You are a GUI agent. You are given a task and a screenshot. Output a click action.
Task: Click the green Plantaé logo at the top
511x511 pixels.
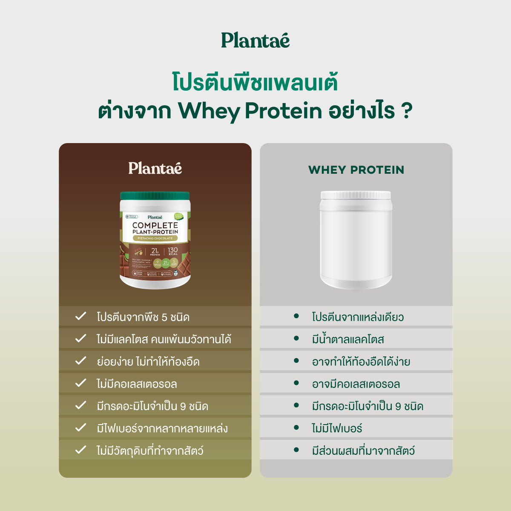tap(255, 41)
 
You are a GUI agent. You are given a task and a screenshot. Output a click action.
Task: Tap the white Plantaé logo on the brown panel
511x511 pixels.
tap(155, 168)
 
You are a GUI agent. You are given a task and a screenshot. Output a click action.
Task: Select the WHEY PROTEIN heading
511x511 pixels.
tap(356, 170)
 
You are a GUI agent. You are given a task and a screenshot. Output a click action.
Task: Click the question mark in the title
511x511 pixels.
tap(407, 110)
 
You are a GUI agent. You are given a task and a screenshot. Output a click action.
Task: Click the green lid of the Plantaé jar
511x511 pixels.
tap(155, 196)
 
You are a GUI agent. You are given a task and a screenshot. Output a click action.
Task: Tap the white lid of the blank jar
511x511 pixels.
tap(356, 195)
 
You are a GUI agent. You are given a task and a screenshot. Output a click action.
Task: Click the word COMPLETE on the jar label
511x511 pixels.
tap(155, 225)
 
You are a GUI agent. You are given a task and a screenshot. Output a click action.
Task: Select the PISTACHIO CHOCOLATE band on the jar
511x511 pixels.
tap(155, 238)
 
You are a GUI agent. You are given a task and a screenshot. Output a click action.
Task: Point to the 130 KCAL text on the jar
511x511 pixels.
tap(172, 251)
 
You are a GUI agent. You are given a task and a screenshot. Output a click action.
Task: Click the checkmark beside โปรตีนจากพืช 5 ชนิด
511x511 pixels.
tap(80, 316)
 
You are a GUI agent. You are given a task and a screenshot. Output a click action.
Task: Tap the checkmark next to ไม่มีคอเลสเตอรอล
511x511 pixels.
tap(80, 383)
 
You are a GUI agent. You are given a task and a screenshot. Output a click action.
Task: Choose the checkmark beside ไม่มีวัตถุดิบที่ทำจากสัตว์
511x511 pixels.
tap(80, 450)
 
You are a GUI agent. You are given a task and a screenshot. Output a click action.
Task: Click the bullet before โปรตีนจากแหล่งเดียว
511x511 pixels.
tap(296, 316)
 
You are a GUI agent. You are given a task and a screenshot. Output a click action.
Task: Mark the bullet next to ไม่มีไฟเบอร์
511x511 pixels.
tap(296, 428)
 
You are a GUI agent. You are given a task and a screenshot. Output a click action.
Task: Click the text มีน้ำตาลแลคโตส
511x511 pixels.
tap(348, 339)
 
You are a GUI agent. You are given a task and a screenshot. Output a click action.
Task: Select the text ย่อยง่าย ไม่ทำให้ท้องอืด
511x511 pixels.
tap(148, 362)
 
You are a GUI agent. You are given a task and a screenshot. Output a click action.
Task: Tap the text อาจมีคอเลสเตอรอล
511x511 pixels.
tap(356, 384)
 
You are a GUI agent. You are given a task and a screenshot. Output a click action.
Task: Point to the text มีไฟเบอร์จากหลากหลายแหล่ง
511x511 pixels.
tap(162, 428)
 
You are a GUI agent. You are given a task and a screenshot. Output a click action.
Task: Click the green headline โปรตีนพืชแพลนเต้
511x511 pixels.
tap(255, 82)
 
